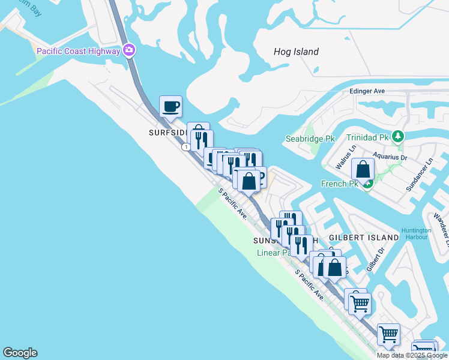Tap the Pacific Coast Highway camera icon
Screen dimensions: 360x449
coord(128,50)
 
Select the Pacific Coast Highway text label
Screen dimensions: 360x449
coord(78,51)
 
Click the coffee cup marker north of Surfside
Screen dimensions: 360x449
coord(170,106)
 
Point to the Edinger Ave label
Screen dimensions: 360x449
coord(366,91)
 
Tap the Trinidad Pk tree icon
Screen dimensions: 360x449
coord(397,137)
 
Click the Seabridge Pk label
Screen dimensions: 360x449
coord(310,139)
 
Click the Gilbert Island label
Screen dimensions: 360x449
coord(364,238)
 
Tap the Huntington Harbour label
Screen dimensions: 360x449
coord(417,233)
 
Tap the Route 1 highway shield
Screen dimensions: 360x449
coord(187,146)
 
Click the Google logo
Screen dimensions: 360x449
coord(20,353)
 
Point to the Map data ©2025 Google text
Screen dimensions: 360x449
coord(412,355)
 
